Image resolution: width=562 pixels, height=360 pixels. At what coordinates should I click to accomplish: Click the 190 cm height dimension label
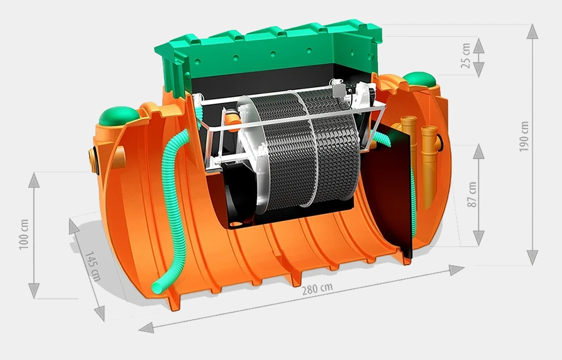pyautogui.click(x=524, y=137)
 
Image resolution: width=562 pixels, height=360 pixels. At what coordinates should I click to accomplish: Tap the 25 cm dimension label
pyautogui.click(x=465, y=56)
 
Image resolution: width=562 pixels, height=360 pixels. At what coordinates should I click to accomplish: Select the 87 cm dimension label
pyautogui.click(x=472, y=195)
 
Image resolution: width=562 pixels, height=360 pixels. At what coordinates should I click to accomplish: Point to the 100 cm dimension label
pyautogui.click(x=24, y=234)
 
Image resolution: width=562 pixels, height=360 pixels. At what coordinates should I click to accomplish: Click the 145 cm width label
pyautogui.click(x=92, y=266)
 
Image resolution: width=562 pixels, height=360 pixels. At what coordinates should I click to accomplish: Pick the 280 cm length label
pyautogui.click(x=317, y=288)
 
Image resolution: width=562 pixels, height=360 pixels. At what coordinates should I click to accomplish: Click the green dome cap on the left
pyautogui.click(x=119, y=115)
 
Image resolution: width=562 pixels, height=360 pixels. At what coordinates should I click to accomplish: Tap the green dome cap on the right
pyautogui.click(x=420, y=79)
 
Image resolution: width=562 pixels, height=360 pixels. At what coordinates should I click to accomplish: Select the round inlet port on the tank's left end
pyautogui.click(x=94, y=160)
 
